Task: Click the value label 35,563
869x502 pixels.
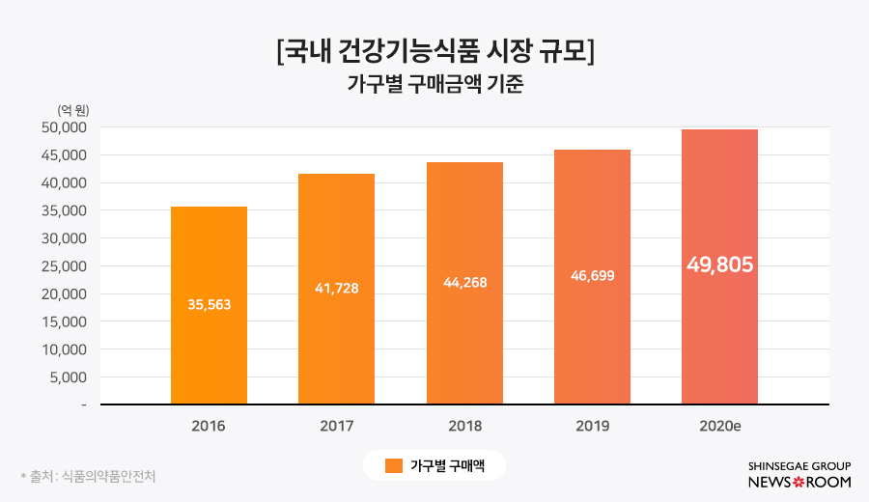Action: click(x=209, y=304)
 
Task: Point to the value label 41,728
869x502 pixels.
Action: click(x=336, y=288)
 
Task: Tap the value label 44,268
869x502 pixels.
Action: click(x=464, y=282)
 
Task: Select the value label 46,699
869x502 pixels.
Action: click(x=592, y=275)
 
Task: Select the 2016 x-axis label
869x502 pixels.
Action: click(x=209, y=425)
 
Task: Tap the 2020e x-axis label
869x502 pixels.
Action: click(x=719, y=425)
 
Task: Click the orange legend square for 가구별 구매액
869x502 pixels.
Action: click(x=393, y=466)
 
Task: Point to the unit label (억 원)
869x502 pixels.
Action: click(x=73, y=109)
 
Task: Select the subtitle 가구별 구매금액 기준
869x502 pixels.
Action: click(x=434, y=84)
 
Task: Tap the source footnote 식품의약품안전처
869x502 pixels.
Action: click(x=106, y=476)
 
